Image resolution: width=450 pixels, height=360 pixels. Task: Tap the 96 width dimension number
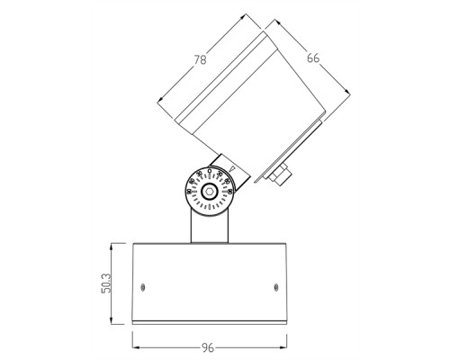209,347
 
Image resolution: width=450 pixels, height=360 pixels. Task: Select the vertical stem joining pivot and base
210,225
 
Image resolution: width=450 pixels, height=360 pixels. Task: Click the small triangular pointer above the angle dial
232,167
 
